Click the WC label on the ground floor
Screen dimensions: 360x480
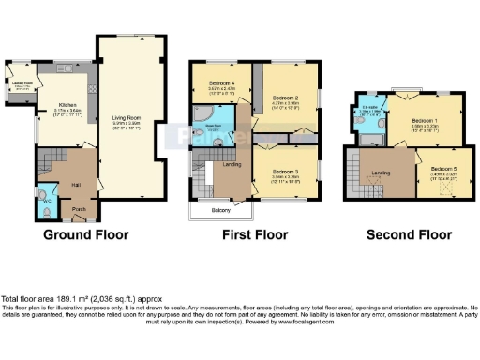(x=46, y=200)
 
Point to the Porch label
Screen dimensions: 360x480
(x=79, y=209)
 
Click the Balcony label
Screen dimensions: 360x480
(x=220, y=210)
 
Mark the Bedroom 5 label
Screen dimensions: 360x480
(x=444, y=170)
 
